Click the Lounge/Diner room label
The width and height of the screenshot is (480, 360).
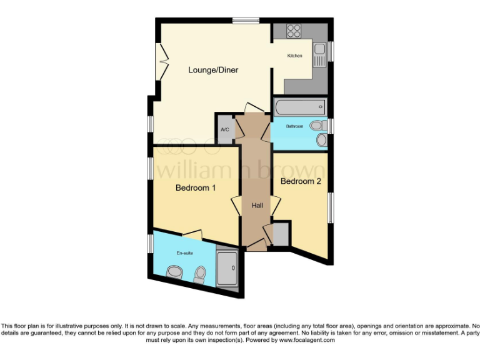tap(213, 70)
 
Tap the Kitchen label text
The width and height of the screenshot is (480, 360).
tap(294, 56)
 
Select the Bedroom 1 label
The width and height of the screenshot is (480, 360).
tap(196, 187)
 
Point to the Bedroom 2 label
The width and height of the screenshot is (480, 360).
tap(301, 181)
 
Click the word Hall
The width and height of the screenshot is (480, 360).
tap(257, 206)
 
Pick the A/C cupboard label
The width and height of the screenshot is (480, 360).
tap(225, 129)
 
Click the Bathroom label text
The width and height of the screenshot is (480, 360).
tap(295, 126)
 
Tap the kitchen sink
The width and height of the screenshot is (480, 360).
tap(320, 53)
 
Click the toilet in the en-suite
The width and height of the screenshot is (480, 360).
tap(200, 274)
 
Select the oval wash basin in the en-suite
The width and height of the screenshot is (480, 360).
tap(174, 271)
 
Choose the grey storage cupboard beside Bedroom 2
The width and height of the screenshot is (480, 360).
tap(281, 233)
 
